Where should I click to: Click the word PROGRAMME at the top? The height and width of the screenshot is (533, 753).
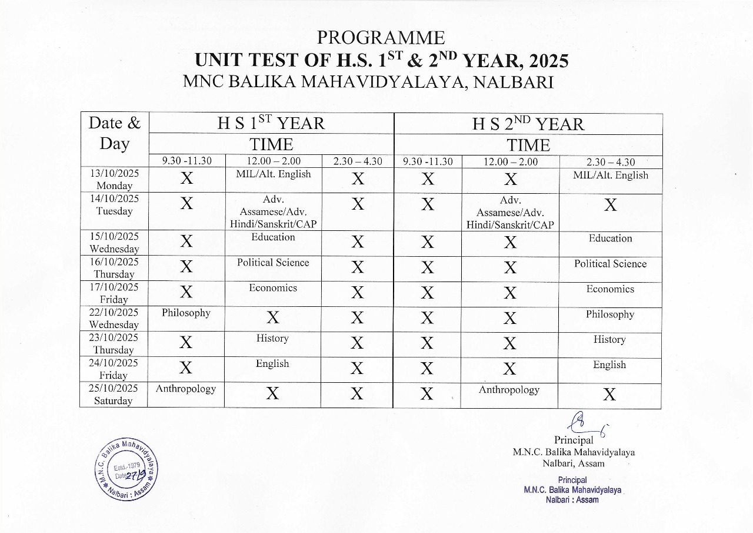[381, 38]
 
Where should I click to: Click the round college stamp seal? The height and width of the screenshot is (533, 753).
[128, 470]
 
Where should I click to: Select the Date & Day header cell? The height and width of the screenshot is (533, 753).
[115, 133]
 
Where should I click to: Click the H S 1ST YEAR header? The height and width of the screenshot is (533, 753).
[271, 123]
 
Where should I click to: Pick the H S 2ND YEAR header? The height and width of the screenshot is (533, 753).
[528, 124]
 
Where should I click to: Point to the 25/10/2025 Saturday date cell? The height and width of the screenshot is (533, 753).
[115, 395]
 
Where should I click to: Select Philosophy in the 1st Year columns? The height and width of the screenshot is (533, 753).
[186, 313]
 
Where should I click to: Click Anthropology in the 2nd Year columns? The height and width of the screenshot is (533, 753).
[509, 390]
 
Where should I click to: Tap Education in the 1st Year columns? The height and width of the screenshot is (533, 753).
[273, 237]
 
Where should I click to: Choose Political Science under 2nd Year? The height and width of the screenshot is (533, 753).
[610, 264]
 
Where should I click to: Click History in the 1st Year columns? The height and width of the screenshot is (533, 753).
[272, 339]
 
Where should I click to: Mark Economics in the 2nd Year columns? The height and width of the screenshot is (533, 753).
[610, 289]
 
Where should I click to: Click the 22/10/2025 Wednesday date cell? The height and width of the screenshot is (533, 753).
[115, 319]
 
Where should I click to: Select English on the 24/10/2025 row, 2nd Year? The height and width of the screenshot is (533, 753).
[609, 365]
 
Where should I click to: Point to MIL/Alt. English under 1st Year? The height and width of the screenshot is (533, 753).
[272, 174]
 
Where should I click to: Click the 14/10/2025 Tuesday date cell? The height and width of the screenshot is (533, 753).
[115, 205]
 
